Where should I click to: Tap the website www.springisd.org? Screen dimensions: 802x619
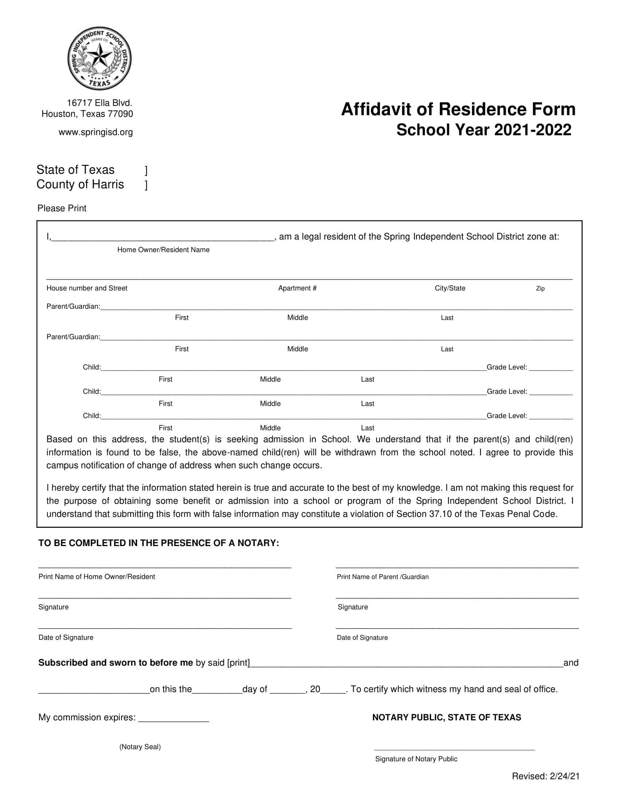[96, 132]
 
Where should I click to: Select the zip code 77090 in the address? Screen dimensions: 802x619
[120, 114]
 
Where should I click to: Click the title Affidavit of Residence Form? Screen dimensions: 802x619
[458, 109]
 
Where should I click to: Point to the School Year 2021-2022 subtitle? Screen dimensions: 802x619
[484, 130]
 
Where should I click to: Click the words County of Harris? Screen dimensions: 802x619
[80, 184]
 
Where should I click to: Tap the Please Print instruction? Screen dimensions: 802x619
[62, 208]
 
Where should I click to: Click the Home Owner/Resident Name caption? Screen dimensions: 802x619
[163, 250]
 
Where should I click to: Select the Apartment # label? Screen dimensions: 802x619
[297, 288]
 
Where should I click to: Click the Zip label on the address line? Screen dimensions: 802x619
[540, 289]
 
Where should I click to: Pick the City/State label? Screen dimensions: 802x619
[450, 288]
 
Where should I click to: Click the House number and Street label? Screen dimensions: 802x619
[87, 288]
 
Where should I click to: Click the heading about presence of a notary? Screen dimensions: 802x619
[159, 543]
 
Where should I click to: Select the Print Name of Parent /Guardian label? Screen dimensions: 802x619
[382, 577]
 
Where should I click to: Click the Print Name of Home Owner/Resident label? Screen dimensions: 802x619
[97, 577]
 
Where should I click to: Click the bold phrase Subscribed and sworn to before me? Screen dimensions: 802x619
[115, 663]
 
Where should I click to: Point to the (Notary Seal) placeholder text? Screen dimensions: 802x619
[140, 747]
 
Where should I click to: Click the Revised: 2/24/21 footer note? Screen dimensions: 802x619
[546, 776]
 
